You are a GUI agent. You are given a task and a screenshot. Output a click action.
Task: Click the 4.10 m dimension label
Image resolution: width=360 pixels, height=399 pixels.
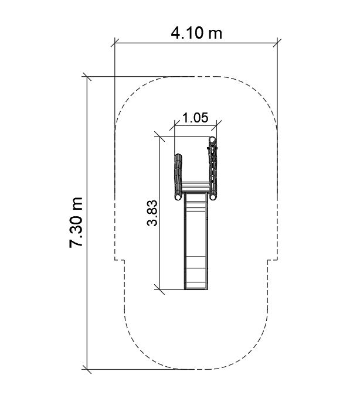(x=196, y=33)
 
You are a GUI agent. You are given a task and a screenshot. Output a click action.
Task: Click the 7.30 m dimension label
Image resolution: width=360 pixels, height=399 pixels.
(x=76, y=222)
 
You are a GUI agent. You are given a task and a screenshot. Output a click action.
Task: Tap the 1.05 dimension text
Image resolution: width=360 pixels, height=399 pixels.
(x=195, y=118)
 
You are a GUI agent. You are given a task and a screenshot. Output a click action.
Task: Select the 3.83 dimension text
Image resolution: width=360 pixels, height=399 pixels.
(x=152, y=213)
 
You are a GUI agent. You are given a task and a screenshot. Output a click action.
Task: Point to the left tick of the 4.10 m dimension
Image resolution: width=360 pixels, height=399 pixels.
(x=115, y=43)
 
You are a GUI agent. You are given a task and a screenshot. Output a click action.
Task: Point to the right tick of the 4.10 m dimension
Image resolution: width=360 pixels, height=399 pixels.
(x=277, y=43)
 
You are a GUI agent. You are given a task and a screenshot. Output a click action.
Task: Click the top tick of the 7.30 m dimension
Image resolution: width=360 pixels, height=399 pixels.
(x=87, y=77)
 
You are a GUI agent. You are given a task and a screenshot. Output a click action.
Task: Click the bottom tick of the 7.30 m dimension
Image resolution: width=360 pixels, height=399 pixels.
(x=87, y=369)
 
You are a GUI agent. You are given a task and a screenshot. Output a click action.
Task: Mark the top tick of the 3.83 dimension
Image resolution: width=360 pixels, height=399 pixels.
(x=159, y=137)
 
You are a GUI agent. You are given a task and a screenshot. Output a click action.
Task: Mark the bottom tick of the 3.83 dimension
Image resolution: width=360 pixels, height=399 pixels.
(x=159, y=289)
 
